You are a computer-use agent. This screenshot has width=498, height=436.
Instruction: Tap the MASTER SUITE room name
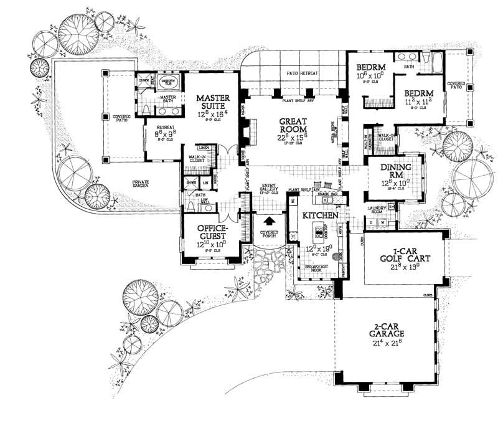click(214, 102)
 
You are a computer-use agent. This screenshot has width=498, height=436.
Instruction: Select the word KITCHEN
click(320, 215)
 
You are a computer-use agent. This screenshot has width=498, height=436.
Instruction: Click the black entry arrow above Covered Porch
click(269, 220)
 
